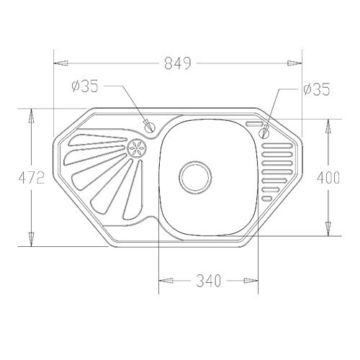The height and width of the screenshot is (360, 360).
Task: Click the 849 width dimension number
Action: [178, 63]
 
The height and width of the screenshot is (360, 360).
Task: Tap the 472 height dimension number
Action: [32, 178]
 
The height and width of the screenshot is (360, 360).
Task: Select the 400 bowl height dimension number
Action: [328, 178]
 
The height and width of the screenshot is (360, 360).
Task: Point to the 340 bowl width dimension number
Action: [208, 281]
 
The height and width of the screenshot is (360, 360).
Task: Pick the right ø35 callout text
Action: [317, 89]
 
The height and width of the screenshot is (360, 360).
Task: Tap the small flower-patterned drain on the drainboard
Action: [136, 148]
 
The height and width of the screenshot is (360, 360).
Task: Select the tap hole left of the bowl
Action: [150, 127]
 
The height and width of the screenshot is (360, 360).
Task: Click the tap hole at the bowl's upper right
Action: [264, 132]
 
